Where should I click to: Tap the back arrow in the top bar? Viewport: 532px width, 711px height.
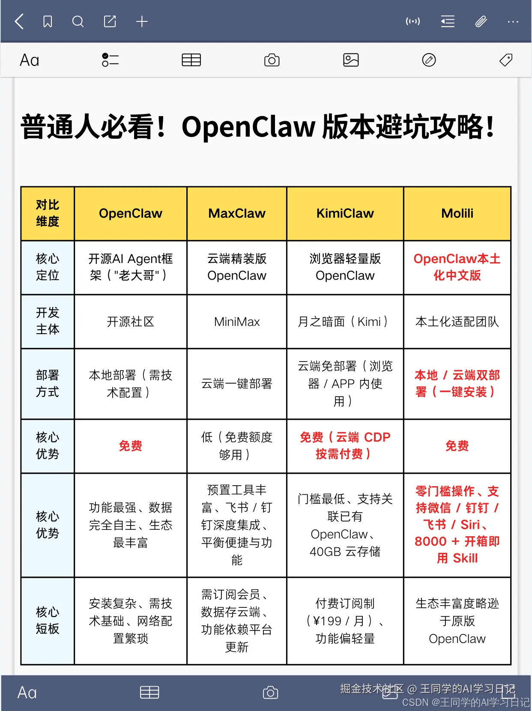(x=19, y=21)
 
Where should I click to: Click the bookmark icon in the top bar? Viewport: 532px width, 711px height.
(x=48, y=21)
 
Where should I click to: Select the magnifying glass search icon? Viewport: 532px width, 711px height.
(x=78, y=21)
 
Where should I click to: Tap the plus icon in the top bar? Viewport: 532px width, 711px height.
(x=142, y=21)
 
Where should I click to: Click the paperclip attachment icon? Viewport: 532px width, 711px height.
(x=481, y=21)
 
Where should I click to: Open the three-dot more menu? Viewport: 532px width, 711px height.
(x=513, y=21)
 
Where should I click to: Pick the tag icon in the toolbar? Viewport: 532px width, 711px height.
(x=506, y=60)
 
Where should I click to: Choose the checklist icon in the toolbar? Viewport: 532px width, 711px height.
(x=110, y=60)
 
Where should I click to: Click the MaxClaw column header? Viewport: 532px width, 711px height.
(x=237, y=213)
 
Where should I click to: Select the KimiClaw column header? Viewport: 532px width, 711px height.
(x=345, y=213)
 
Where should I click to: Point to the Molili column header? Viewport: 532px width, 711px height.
(x=457, y=213)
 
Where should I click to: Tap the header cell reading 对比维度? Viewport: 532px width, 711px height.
(x=48, y=213)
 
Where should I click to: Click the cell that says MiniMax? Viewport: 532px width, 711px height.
(x=237, y=322)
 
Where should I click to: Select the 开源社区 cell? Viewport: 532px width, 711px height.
(x=131, y=322)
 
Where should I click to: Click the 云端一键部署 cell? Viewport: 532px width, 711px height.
(x=237, y=384)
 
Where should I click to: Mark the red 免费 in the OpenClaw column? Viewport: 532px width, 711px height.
(x=131, y=446)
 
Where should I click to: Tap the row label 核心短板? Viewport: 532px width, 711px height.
(x=48, y=621)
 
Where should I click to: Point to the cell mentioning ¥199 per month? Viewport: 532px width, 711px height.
(x=345, y=621)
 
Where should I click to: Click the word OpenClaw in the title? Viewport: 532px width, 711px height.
(x=248, y=127)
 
